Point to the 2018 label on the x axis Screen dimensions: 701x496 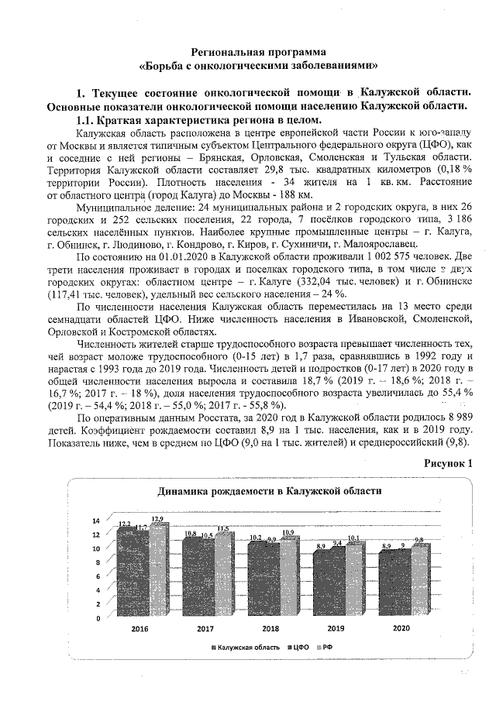pyautogui.click(x=270, y=630)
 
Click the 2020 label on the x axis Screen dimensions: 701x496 pyautogui.click(x=401, y=630)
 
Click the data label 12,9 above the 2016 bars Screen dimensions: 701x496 pyautogui.click(x=157, y=518)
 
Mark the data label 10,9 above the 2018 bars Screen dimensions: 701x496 pyautogui.click(x=288, y=533)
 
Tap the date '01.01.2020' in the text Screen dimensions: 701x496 pyautogui.click(x=160, y=254)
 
